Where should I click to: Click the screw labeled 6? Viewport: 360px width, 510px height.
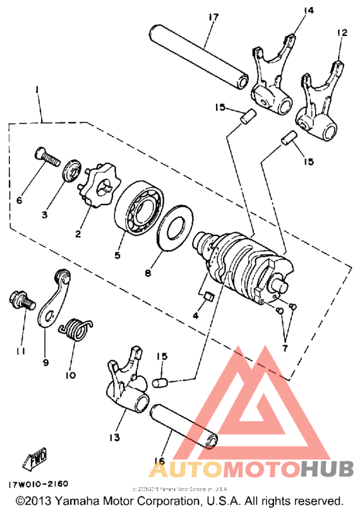click(x=45, y=157)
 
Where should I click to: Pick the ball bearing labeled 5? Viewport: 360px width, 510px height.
click(x=139, y=208)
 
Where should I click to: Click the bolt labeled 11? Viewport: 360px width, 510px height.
click(x=19, y=300)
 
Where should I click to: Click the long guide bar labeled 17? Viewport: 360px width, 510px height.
click(x=201, y=56)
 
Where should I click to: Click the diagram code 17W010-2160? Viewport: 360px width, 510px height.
click(x=38, y=483)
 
